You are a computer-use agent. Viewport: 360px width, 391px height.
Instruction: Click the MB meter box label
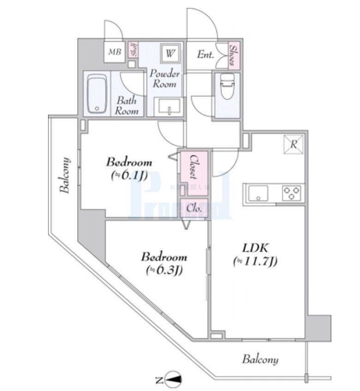pos(114,52)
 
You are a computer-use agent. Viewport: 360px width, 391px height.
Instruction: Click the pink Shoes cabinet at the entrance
pos(234,56)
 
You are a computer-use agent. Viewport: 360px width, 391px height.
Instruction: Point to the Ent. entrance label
pos(205,55)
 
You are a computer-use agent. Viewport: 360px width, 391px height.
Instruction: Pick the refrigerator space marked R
pos(293,144)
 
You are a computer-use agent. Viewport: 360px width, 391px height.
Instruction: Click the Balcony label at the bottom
pos(261,359)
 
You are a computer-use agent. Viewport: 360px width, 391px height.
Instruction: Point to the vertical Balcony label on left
pos(66,176)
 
